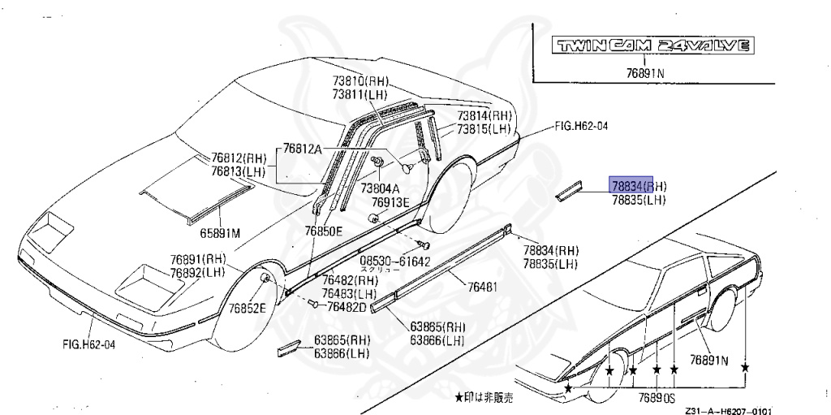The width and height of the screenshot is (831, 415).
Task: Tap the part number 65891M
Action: tap(221, 233)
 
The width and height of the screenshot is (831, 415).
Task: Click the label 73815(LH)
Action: tap(483, 130)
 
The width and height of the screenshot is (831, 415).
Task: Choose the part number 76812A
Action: tap(303, 149)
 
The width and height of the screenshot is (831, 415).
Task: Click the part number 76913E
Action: tap(391, 202)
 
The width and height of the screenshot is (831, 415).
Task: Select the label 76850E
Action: tap(324, 231)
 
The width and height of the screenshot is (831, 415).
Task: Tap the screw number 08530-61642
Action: tap(395, 262)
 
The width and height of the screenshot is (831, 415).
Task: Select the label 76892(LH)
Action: tap(197, 273)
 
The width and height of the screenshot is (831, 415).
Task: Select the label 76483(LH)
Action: tap(349, 293)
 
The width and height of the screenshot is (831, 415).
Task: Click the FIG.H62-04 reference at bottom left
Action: tap(89, 344)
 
